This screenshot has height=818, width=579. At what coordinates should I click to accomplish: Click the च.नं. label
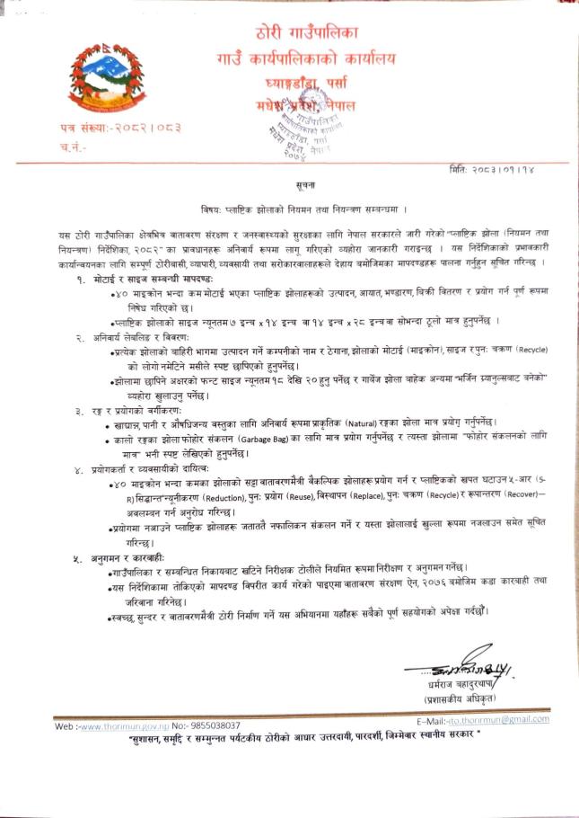coord(73,146)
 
